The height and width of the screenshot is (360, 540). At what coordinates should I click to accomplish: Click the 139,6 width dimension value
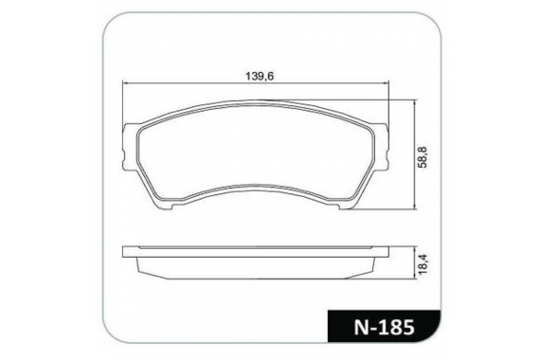pos(260,76)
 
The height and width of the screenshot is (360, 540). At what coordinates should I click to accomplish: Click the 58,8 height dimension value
pos(423,157)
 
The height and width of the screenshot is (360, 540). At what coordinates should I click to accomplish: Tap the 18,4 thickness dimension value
pos(423,264)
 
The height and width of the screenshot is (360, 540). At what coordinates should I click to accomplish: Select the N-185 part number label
pos(384,327)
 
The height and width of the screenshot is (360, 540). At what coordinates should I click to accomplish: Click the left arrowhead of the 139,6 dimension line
pos(125,83)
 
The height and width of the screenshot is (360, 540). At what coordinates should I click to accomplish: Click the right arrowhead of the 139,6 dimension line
pos(387,83)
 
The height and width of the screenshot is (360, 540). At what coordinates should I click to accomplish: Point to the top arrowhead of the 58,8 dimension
pos(416,102)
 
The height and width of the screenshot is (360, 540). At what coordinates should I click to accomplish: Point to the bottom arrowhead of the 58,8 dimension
pos(416,207)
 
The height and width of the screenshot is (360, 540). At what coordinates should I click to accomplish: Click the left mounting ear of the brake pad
pos(130,147)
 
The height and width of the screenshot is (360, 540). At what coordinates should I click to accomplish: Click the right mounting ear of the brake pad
pos(381,147)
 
